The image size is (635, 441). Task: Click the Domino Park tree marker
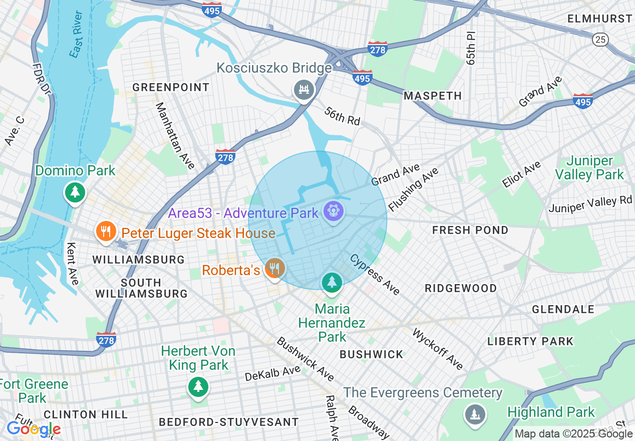tap(75, 192)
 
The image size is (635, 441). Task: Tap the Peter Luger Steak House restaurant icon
tap(105, 232)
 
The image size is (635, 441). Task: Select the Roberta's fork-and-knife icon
tap(274, 269)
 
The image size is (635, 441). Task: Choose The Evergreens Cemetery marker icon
tap(474, 414)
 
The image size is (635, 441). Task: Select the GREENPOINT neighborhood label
tap(171, 88)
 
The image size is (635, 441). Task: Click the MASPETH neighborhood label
tap(433, 96)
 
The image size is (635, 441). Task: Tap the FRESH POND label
tap(470, 230)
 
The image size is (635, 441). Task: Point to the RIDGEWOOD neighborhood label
tap(461, 289)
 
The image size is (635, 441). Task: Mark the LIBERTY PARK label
tap(530, 342)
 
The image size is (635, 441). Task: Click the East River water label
tap(76, 41)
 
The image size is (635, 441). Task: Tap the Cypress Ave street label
tap(375, 275)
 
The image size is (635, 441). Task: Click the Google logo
tap(33, 429)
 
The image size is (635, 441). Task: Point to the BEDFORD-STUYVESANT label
tap(228, 422)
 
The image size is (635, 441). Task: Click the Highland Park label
tap(551, 412)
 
